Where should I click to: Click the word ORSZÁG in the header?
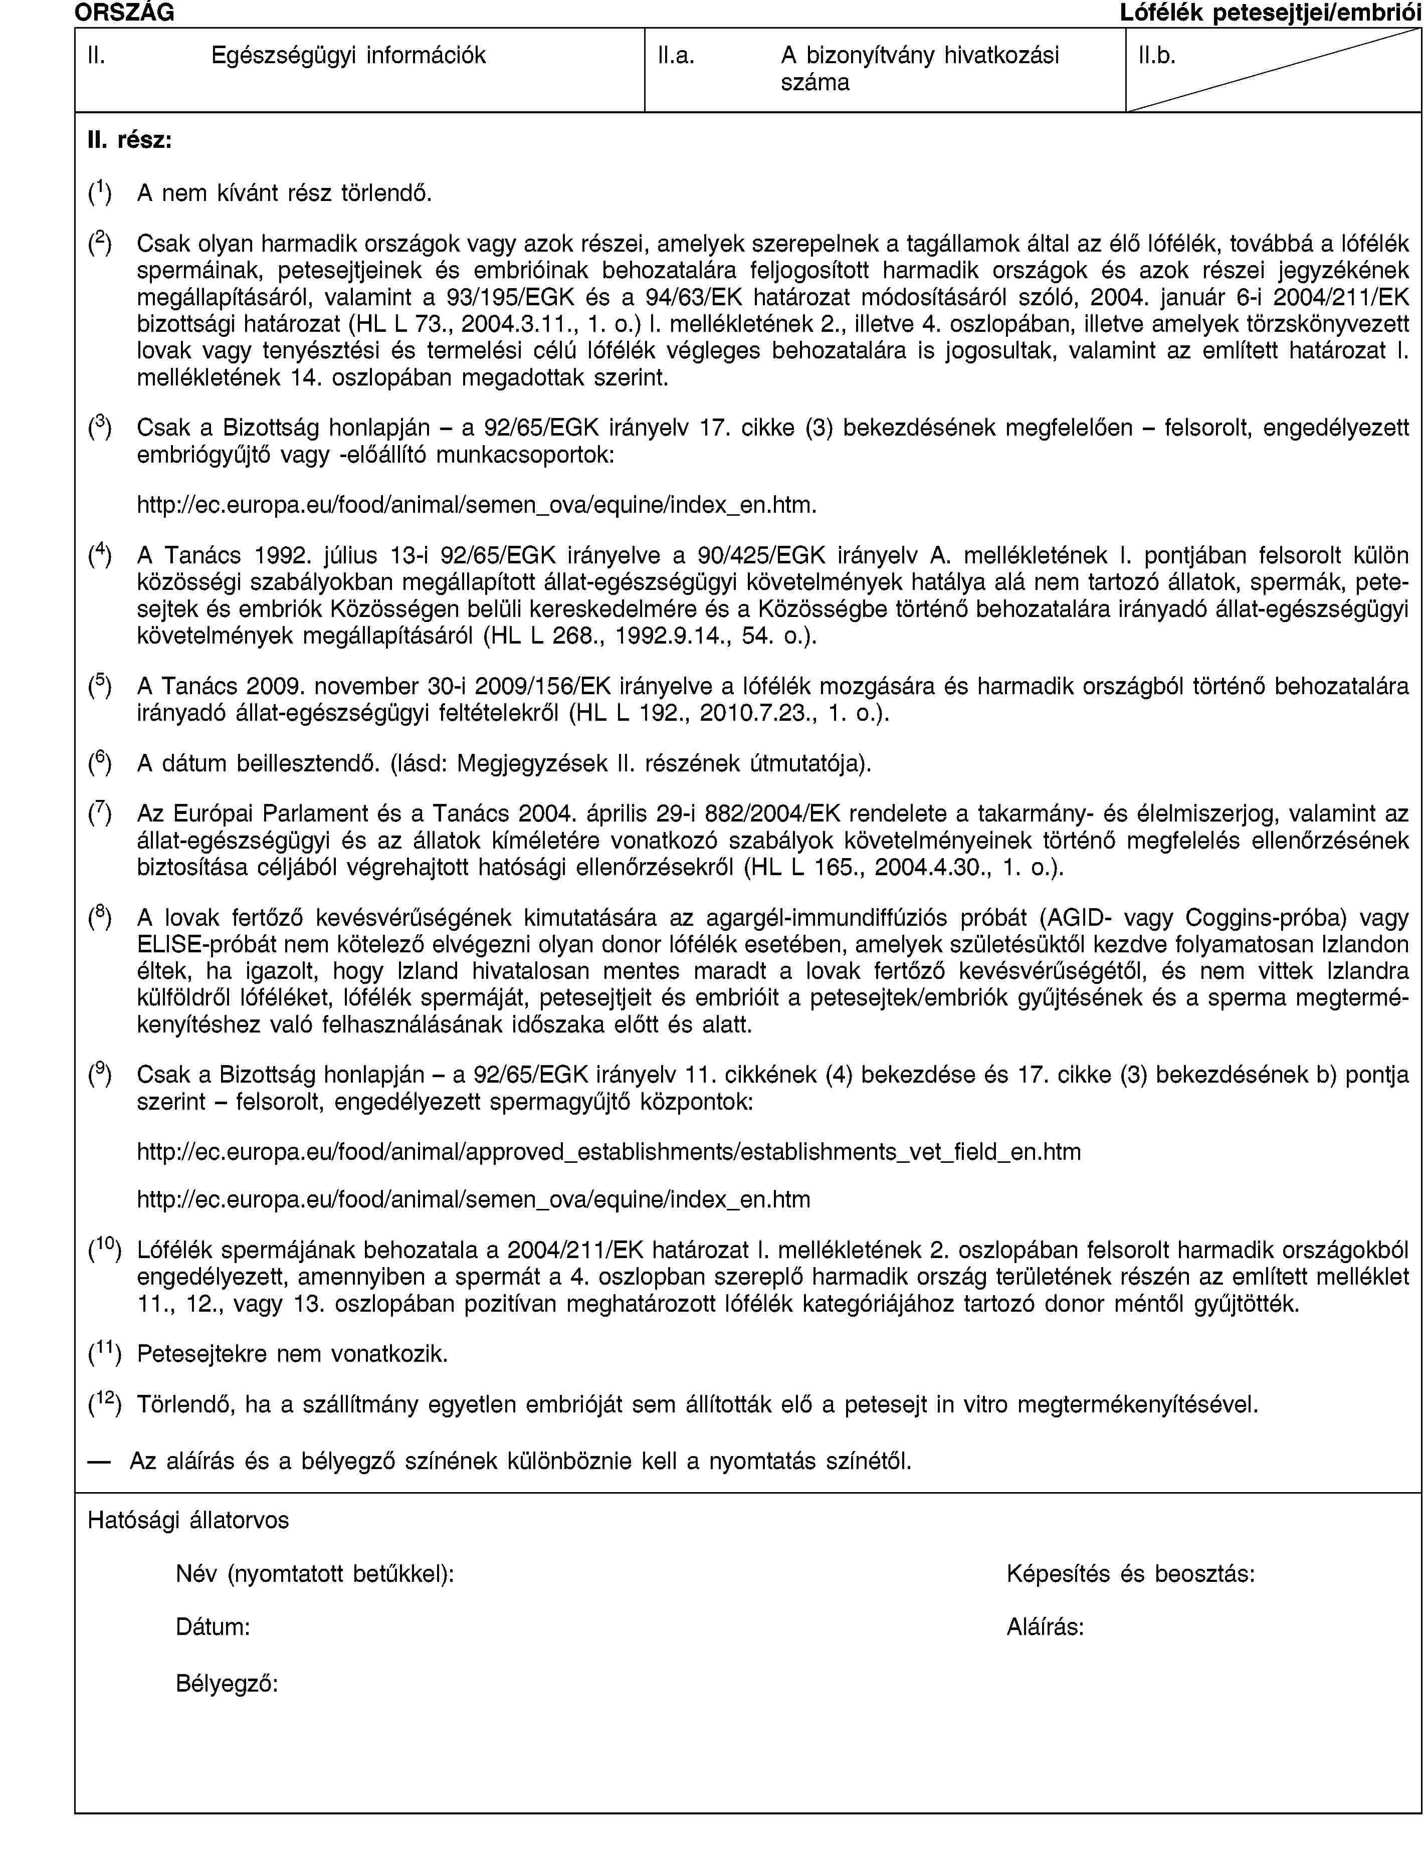[125, 12]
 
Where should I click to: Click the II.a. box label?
[677, 56]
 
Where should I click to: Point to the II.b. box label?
[1157, 56]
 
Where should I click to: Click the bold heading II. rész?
[130, 140]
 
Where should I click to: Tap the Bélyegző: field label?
[228, 1683]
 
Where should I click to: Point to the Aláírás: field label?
[1045, 1627]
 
